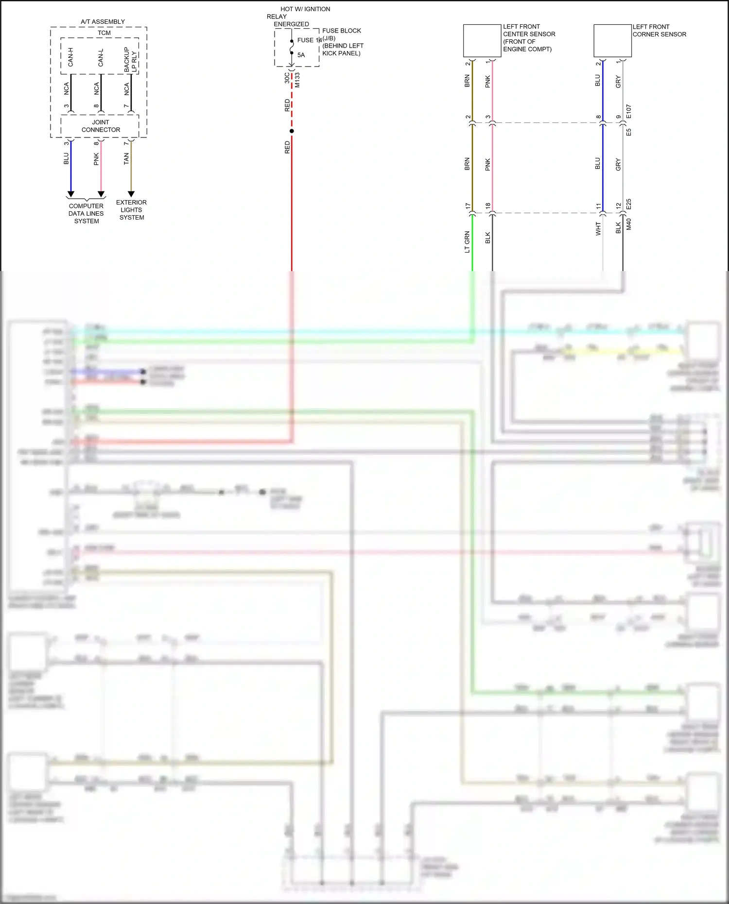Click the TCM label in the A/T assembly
(104, 33)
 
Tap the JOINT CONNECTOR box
(100, 126)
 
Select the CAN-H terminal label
(70, 57)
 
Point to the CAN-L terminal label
(101, 57)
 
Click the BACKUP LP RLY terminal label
(130, 60)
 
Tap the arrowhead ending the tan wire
(131, 194)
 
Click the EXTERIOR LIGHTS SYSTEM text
(131, 210)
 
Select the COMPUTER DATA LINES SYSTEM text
(86, 213)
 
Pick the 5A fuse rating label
(301, 55)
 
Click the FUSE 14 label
(309, 40)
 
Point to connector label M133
(297, 80)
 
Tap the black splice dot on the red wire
(292, 131)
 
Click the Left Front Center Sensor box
(482, 41)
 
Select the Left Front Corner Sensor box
(612, 41)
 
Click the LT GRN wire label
(467, 242)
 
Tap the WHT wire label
(598, 229)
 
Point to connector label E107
(629, 112)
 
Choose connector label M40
(629, 224)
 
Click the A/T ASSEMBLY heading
(103, 22)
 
